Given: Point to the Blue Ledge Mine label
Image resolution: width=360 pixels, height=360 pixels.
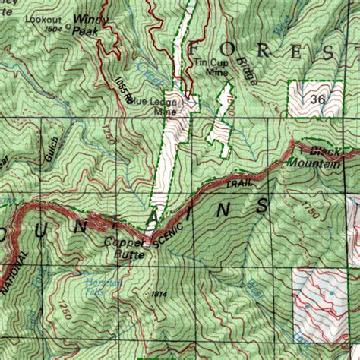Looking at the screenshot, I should tap(166, 106).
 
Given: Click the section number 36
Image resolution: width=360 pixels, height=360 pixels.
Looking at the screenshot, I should tap(318, 98).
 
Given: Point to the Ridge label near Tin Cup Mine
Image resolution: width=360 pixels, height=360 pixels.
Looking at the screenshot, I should tap(248, 70).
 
